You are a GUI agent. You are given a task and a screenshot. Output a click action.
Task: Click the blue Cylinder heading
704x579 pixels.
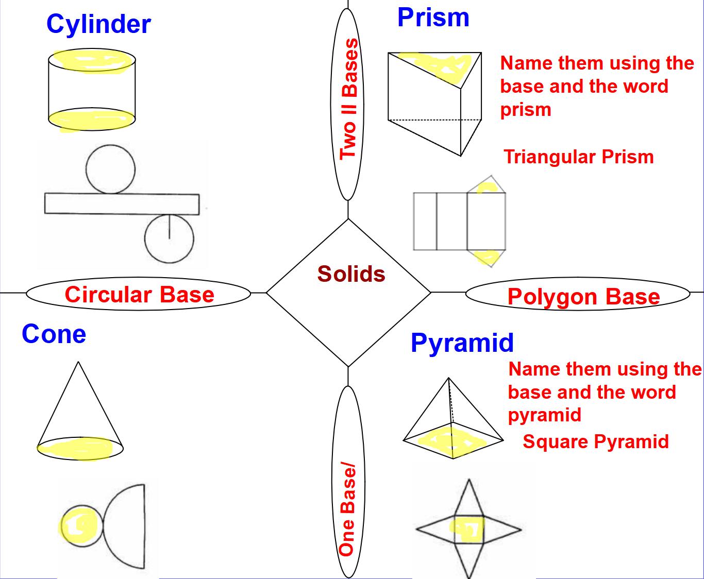coord(98,24)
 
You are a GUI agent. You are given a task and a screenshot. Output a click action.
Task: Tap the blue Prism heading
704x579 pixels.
coord(433,18)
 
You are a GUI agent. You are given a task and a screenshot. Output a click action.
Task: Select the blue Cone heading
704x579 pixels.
coord(54,334)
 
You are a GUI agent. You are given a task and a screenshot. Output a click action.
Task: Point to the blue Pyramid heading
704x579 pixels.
coord(462,343)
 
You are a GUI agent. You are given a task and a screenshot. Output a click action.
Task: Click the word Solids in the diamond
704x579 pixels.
coord(351,274)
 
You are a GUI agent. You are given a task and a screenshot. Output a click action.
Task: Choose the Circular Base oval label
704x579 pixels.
coord(139,294)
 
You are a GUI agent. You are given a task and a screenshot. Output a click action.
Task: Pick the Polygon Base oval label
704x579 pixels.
coord(583,296)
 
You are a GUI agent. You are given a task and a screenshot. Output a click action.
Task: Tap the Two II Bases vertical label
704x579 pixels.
coord(348,98)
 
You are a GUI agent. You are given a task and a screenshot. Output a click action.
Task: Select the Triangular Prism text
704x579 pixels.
coord(578,157)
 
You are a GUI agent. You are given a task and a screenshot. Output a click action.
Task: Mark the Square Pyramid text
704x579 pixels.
coord(595,441)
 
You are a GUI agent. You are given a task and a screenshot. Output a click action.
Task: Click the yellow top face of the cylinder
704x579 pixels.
coord(93,60)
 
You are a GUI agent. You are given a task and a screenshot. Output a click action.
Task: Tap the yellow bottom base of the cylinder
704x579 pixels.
coord(92,120)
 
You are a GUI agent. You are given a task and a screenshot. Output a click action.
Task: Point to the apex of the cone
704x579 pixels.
coord(78,363)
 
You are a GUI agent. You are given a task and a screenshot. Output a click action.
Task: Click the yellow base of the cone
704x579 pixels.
coord(80,448)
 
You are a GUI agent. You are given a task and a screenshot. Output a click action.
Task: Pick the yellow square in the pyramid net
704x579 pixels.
coord(468,529)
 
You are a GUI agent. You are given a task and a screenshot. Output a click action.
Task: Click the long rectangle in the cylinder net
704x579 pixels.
coord(122,203)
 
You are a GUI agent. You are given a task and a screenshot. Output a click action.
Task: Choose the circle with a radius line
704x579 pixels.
coord(169,239)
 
